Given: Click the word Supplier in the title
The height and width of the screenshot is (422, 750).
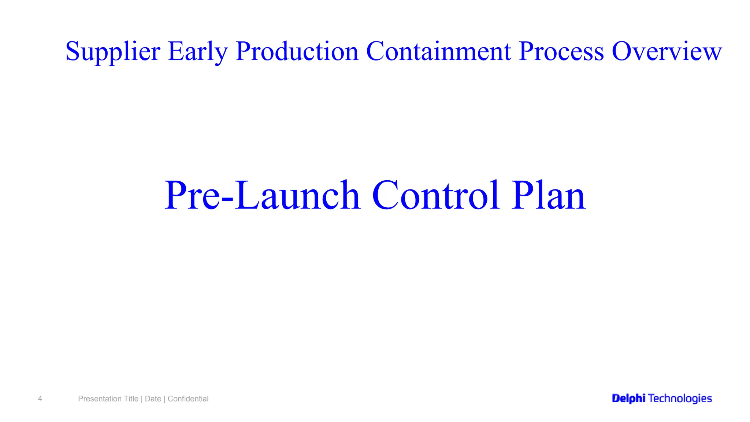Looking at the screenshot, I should (113, 51).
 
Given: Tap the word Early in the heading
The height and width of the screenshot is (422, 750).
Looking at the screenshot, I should (198, 51).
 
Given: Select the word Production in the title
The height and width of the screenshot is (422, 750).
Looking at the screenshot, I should (297, 51).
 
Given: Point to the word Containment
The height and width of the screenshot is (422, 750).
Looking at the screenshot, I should (438, 51).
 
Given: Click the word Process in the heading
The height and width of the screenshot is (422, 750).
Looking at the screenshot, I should (561, 51).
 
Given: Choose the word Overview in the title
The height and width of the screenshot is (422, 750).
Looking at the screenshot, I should (667, 51).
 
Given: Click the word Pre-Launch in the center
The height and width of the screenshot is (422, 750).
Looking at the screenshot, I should (262, 196).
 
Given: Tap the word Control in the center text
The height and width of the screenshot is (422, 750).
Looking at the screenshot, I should (436, 196).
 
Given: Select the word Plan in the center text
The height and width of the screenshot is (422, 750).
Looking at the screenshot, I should (548, 196).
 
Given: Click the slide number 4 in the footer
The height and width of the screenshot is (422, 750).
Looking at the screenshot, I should (40, 399).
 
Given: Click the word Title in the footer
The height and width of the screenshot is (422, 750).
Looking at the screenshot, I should (131, 399).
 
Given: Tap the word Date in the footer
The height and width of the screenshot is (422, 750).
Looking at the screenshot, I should (153, 399).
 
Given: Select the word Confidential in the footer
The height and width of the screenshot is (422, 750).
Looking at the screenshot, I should (188, 399).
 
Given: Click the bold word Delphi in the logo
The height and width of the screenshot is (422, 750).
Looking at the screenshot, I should (628, 399).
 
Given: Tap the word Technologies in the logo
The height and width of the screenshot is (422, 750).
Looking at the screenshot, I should (680, 399).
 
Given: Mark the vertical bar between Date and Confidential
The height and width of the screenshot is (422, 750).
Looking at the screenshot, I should (164, 399).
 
